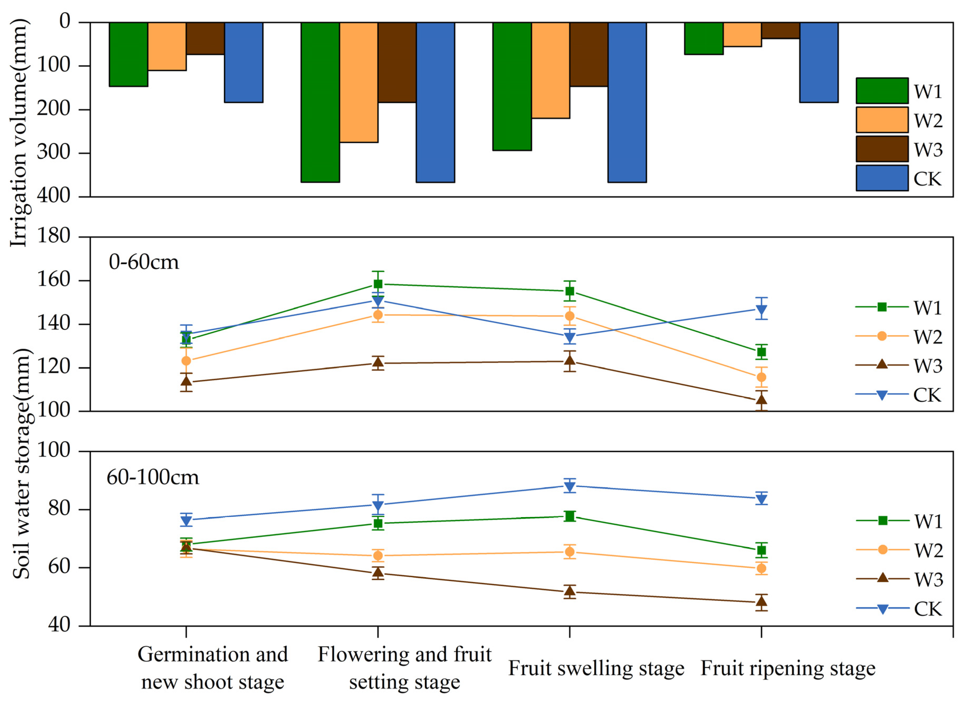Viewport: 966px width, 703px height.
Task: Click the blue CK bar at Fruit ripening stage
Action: pos(819,62)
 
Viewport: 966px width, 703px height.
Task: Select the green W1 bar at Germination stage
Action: pos(128,54)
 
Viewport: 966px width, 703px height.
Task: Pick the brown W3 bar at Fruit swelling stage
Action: pos(589,54)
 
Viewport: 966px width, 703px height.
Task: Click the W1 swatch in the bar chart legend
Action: pos(882,91)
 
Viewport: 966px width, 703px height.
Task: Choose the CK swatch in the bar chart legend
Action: pos(882,178)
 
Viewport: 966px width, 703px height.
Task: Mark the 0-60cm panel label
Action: pos(144,262)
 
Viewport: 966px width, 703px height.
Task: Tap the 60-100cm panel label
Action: pos(152,477)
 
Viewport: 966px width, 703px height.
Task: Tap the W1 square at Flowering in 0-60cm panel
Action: pos(378,284)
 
